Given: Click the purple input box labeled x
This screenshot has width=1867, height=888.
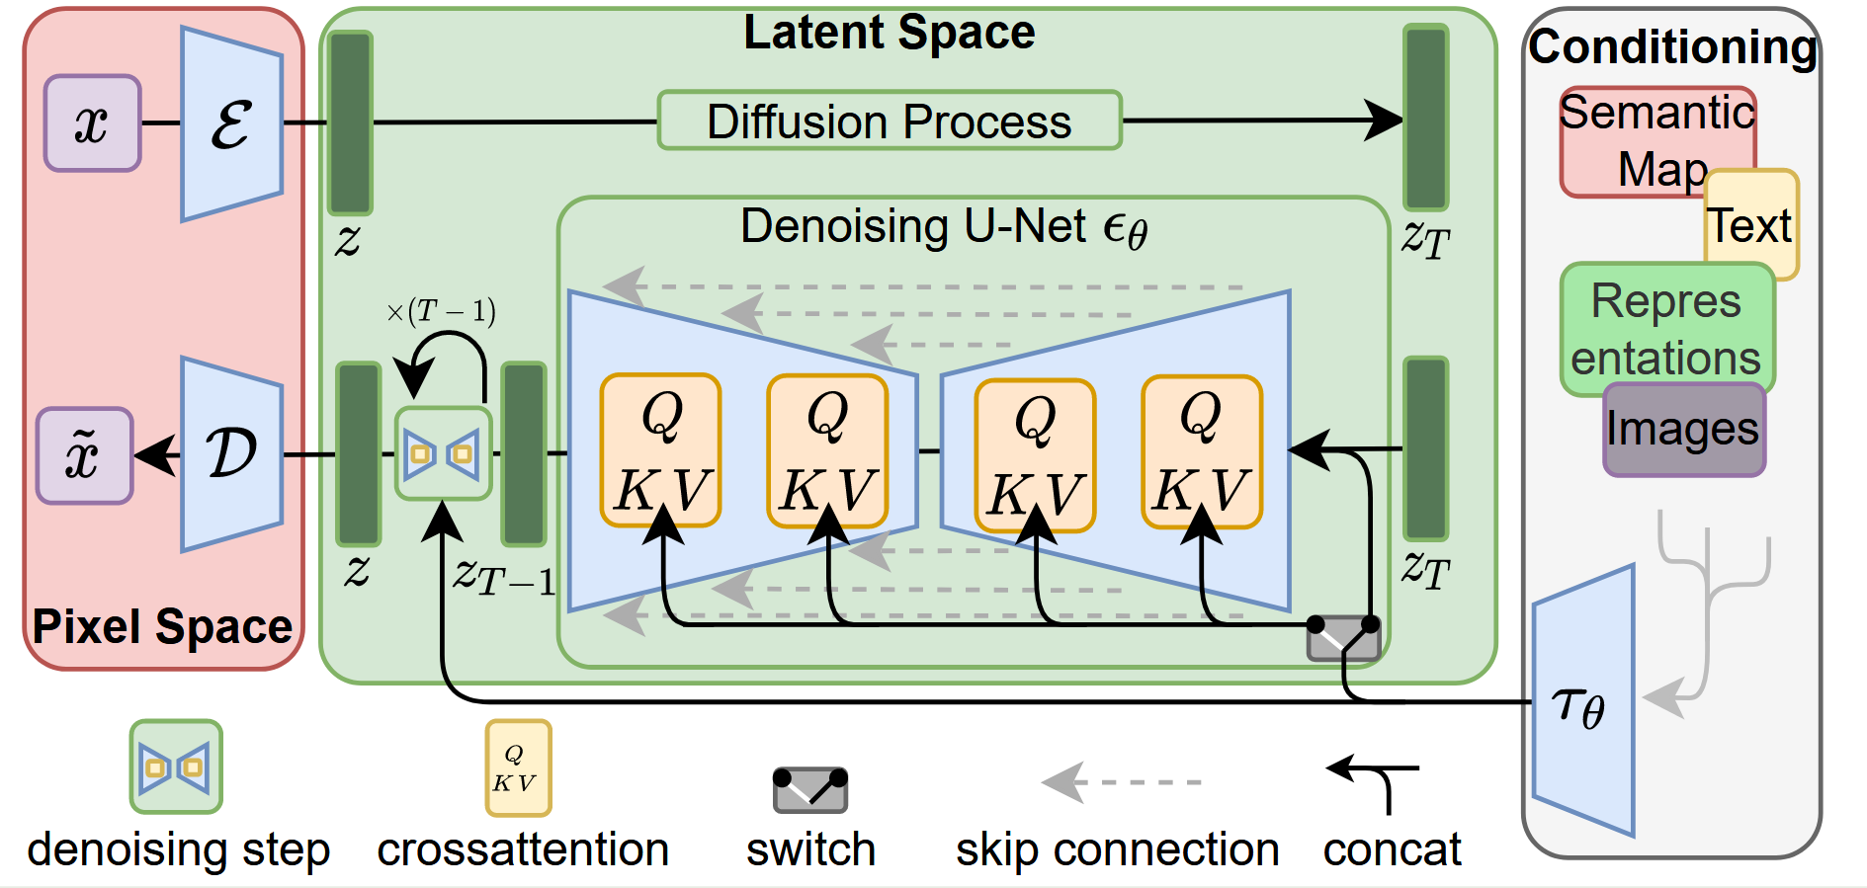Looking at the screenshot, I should [x=92, y=123].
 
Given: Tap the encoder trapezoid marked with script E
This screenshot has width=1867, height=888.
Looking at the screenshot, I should [x=231, y=124].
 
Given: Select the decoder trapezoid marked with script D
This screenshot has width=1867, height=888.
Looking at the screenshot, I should [x=231, y=454].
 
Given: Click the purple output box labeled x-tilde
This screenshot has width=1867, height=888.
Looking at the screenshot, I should [x=84, y=455].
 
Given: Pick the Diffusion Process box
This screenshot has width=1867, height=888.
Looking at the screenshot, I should [x=890, y=121].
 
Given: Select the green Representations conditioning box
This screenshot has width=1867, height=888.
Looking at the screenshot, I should [x=1666, y=329].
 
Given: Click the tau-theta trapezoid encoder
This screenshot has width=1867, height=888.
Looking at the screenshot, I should [x=1582, y=702].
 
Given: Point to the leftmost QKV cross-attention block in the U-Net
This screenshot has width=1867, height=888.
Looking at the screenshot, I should [x=660, y=450].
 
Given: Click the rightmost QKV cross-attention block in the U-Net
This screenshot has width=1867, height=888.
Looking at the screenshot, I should [x=1201, y=452].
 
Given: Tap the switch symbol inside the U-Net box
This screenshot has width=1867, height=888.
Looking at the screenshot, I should [x=1343, y=638].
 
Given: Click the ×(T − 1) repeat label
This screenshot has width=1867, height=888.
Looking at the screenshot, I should [x=441, y=312].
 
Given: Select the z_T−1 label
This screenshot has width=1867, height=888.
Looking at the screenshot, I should [x=503, y=575].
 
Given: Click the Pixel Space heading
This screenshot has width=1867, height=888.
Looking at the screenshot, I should [x=162, y=626].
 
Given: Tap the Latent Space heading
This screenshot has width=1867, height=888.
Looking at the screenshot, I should [x=889, y=33].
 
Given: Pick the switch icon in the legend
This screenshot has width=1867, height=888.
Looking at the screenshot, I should [x=810, y=789].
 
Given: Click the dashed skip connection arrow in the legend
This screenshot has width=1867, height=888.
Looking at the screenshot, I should [x=1121, y=782].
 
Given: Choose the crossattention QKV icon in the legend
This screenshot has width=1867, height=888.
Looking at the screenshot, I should [x=517, y=768].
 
